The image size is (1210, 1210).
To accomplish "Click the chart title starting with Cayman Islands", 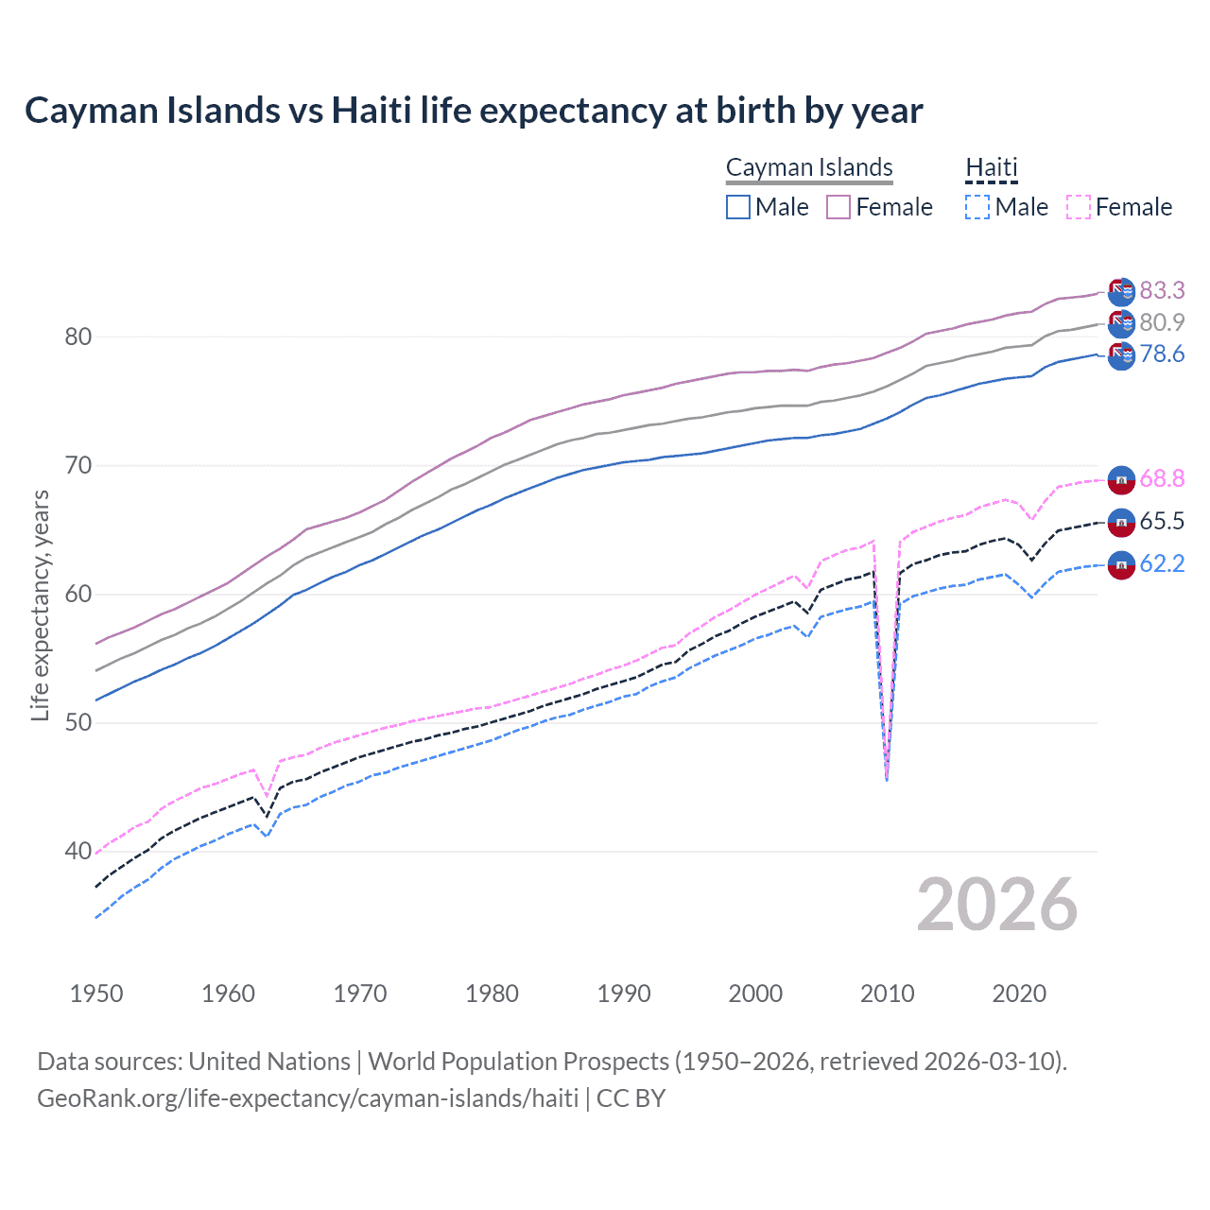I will pos(474,111).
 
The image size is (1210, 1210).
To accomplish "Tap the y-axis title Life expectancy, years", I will pos(40,605).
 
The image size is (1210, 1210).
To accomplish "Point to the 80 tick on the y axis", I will pos(78,337).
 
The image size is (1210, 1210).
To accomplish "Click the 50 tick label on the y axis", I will pos(78,723).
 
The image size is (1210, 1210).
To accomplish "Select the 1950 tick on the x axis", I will pos(96,994).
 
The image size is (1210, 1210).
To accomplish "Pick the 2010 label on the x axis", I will pos(887,994).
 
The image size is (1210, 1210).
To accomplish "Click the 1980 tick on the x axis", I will pos(492,994).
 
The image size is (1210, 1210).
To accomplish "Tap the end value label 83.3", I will pos(1162,290).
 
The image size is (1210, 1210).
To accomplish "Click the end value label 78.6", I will pos(1162,354).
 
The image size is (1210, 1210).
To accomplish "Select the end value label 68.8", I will pos(1162,478).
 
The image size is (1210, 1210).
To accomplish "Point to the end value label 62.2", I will pos(1162,564).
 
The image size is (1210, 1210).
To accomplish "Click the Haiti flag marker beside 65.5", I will pos(1121,522).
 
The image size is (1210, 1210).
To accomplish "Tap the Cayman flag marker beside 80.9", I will pos(1121,323).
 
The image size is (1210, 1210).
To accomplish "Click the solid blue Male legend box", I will pos(738,207).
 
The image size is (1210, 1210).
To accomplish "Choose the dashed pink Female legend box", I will pos(1079,207).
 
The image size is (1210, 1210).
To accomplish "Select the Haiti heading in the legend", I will pos(992,167).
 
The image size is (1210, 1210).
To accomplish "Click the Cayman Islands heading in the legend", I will pos(809,167).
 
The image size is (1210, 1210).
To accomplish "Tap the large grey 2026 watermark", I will pos(997,905).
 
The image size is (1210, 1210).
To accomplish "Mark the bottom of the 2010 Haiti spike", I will pos(887,780).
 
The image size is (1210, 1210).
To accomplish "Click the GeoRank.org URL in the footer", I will pos(307,1098).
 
